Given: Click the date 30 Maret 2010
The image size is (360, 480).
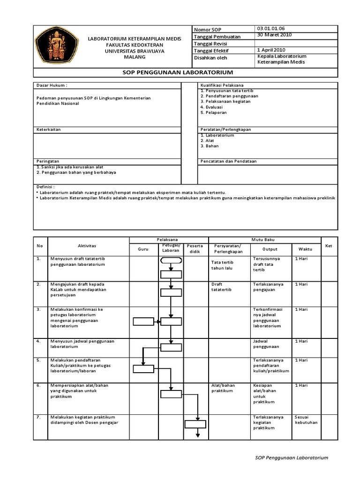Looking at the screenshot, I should (274, 35).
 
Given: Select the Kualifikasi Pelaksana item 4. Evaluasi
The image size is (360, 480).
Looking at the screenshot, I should (211, 107).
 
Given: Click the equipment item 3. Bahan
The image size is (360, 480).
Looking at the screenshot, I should (209, 146).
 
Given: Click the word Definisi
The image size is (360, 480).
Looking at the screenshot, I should (45, 186).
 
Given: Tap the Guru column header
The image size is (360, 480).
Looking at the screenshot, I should (143, 249).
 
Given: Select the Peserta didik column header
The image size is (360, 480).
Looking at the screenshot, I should (195, 248).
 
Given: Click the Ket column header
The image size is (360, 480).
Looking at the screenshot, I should (328, 246).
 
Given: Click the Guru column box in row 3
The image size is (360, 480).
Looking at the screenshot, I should (143, 322).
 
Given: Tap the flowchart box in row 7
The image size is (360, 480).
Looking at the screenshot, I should (195, 425).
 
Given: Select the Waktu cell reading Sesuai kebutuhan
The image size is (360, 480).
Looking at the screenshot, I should (306, 420).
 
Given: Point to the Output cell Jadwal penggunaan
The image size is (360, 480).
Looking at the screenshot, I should (266, 344).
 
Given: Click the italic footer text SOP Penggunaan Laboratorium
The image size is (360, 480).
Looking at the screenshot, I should (291, 457).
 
